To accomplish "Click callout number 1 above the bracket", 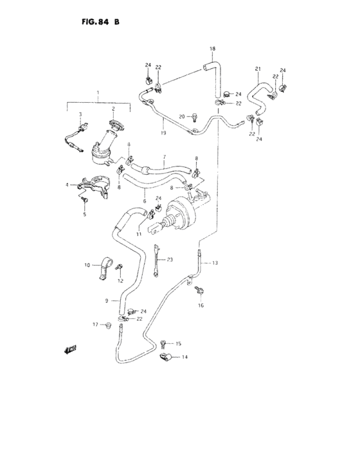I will tap(98, 94).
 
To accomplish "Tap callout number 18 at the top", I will tap(213, 49).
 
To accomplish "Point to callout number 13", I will tap(215, 263).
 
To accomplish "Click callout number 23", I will tap(170, 259).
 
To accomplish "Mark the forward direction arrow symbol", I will tap(69, 349).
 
